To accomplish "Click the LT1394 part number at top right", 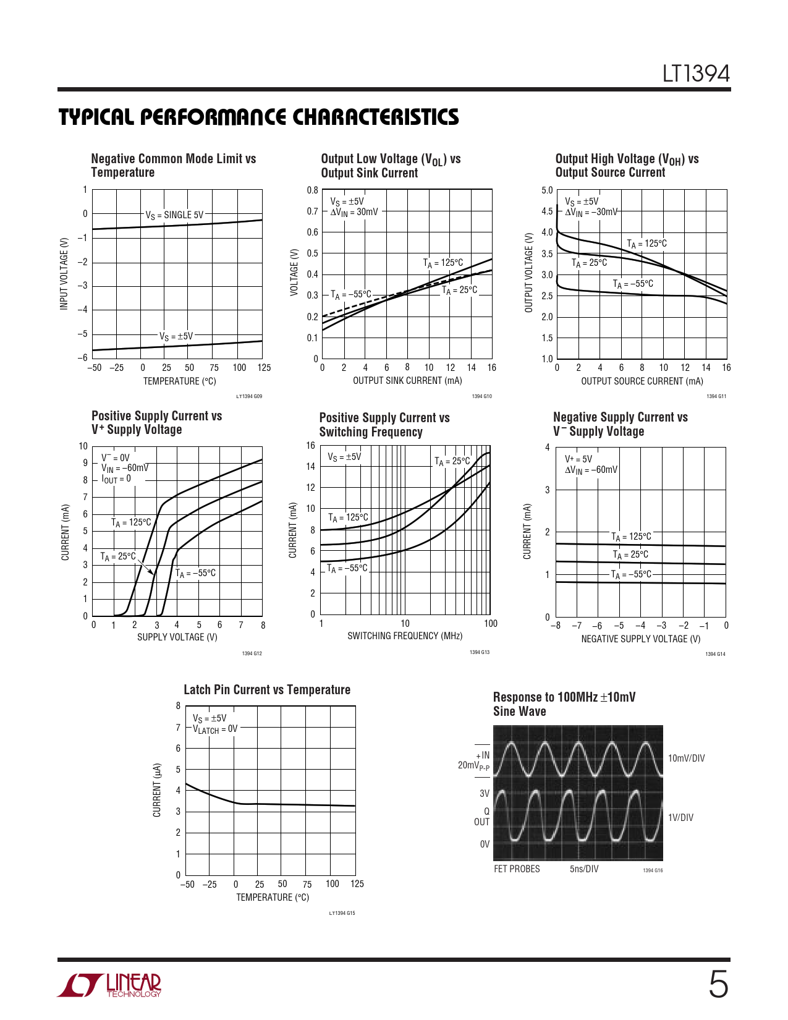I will (696, 74).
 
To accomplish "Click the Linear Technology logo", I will (110, 985).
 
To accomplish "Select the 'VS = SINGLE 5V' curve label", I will (174, 215).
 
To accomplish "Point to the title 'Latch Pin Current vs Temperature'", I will (267, 690).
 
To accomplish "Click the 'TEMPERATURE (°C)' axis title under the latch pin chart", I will (272, 897).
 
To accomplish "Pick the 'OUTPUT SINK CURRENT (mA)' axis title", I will (407, 381).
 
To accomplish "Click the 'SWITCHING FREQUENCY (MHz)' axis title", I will (405, 635).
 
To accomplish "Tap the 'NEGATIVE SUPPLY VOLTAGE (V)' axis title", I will (640, 639).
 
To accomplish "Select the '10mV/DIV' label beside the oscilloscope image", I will (686, 759).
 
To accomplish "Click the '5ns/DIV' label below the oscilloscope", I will (584, 869).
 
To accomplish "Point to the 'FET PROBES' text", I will (517, 869).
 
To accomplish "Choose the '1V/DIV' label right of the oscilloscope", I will (680, 818).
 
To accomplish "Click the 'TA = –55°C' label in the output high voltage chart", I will (633, 284).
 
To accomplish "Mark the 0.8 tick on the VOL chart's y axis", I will (313, 190).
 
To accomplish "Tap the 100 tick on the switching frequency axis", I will (491, 624).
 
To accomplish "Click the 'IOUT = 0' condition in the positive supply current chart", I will (116, 479).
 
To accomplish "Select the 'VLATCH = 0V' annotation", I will (215, 729).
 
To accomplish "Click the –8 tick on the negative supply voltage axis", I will (556, 626).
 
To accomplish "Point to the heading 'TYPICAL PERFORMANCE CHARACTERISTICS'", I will (258, 117).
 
